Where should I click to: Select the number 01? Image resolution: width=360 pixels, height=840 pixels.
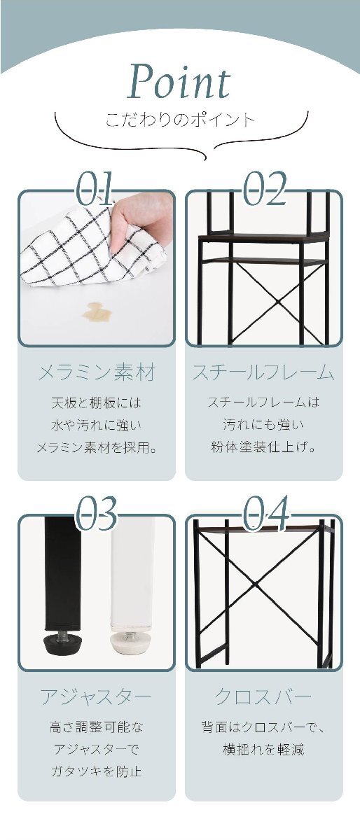(x=95, y=188)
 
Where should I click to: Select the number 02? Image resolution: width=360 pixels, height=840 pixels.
(x=264, y=188)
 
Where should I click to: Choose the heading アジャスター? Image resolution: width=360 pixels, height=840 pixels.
(x=96, y=696)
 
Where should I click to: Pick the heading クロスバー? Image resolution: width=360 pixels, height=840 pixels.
(x=263, y=696)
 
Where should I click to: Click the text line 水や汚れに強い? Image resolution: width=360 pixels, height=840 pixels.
(x=96, y=424)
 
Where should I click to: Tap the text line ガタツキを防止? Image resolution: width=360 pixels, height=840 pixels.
(x=96, y=771)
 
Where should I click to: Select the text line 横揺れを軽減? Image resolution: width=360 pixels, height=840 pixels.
(x=263, y=749)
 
